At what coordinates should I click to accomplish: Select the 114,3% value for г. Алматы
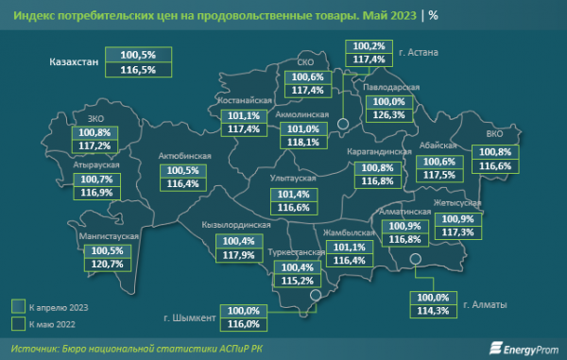(433, 311)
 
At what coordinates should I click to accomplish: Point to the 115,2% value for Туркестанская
(291, 281)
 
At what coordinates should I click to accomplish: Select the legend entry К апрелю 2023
(57, 306)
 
